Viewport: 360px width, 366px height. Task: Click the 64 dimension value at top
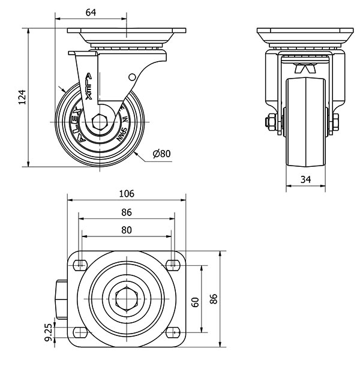pos(92,11)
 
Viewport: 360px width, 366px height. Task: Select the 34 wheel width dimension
pos(305,178)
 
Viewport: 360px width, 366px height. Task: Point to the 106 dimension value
pos(127,193)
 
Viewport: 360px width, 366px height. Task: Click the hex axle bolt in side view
pos(101,121)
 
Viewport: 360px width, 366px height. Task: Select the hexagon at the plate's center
pos(127,298)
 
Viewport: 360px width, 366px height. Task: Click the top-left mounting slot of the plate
pos(80,263)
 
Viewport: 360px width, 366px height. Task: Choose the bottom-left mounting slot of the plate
pos(80,333)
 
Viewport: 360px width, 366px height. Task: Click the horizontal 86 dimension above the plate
pos(127,212)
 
